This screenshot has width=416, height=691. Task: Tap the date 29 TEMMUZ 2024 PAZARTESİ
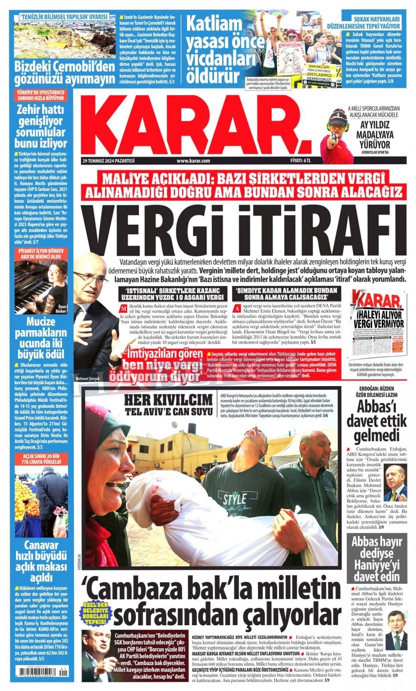[x=108, y=161]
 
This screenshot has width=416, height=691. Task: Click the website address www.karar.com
[x=193, y=161]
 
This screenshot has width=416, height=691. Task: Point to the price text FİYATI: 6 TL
[x=300, y=161]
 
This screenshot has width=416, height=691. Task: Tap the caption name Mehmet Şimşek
[x=88, y=380]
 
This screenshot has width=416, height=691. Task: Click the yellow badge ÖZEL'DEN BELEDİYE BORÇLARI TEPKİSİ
[x=96, y=614]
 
